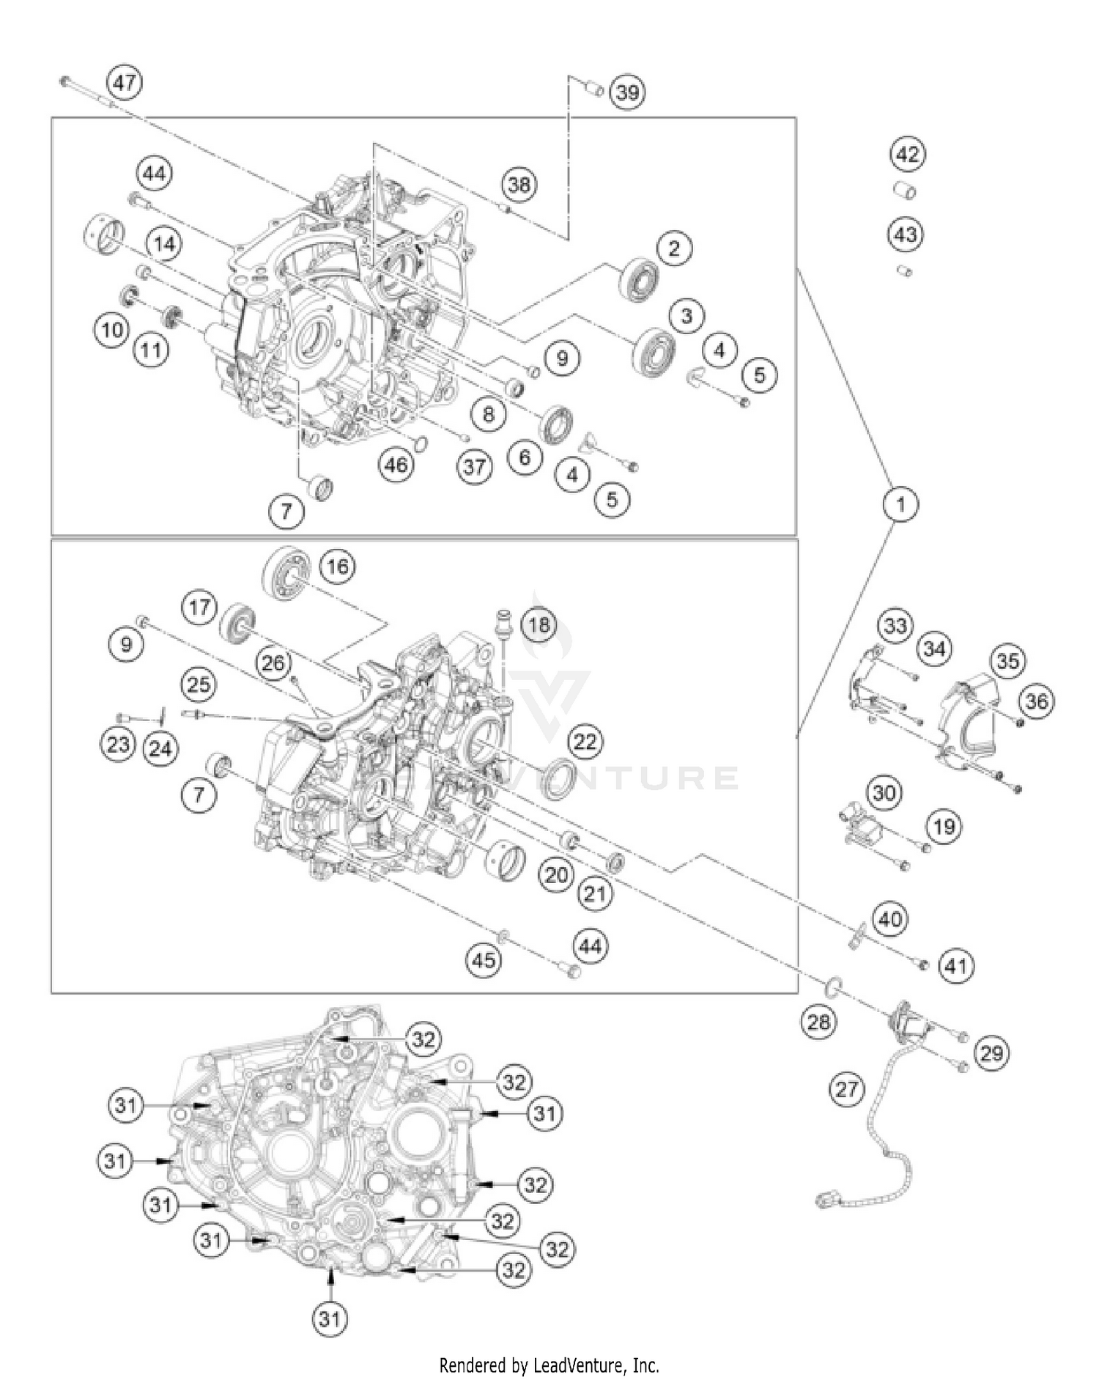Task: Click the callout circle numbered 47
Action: (125, 82)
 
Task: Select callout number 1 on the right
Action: (900, 503)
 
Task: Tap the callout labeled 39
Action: (627, 92)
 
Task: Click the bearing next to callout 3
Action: (654, 351)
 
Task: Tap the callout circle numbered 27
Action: (847, 1089)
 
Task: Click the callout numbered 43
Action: (906, 235)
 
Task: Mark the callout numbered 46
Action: (396, 464)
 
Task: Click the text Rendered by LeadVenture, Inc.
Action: (549, 1365)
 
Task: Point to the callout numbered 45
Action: (484, 959)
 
